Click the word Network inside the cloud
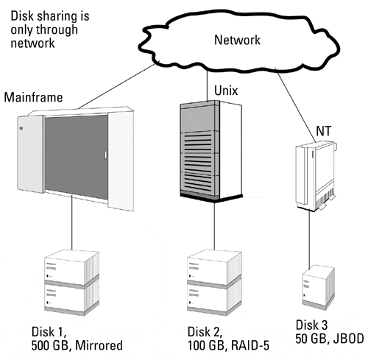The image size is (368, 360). coord(237,40)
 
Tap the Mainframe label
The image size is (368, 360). coord(33,97)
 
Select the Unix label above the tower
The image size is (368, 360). coord(226,91)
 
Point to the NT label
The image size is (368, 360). coord(324,131)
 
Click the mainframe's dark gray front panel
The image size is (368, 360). coord(77,156)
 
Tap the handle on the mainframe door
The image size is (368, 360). coord(105,155)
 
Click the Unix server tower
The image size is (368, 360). coord(211,152)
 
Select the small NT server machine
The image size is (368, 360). coord(316,176)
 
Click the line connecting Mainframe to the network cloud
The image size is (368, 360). coord(117,86)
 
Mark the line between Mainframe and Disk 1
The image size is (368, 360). coord(72,222)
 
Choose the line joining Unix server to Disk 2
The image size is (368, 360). coord(214,226)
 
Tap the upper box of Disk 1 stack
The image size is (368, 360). coord(72,267)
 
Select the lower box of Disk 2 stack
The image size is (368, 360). coord(214,297)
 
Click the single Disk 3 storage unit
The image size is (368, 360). coord(319,286)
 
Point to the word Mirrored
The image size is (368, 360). coord(99,345)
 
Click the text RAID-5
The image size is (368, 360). coord(250,345)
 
